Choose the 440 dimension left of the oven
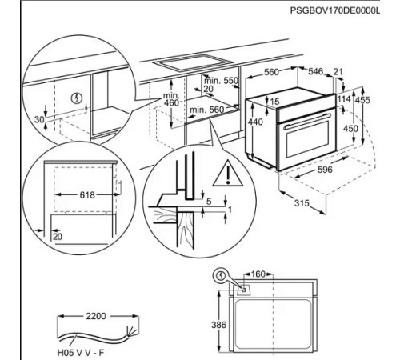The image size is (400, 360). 253,120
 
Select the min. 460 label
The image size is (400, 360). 170,98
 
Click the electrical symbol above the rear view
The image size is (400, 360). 221,276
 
